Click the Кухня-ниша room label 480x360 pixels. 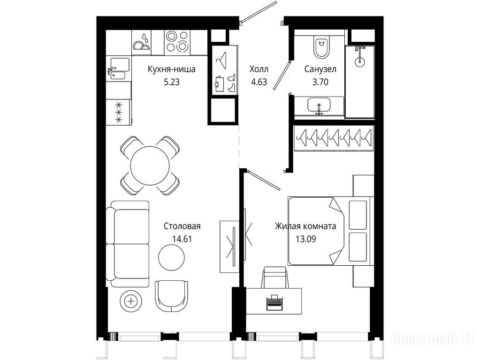click(x=171, y=69)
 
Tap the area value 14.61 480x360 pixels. click(x=182, y=239)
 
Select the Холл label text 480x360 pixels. click(x=259, y=69)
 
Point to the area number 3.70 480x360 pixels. click(x=320, y=82)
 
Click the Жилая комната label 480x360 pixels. click(x=305, y=226)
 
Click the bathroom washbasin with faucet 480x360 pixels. click(x=319, y=106)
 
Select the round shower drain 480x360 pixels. click(x=360, y=61)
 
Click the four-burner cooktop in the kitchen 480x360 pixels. click(x=177, y=42)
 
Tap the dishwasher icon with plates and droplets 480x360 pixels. click(x=141, y=42)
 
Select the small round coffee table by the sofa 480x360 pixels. click(x=171, y=257)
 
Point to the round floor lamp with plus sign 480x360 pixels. click(x=131, y=301)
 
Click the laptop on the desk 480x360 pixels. click(x=274, y=302)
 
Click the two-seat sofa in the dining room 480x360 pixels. click(x=128, y=244)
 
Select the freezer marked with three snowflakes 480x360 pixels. click(x=118, y=112)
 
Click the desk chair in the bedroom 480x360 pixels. click(x=275, y=277)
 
